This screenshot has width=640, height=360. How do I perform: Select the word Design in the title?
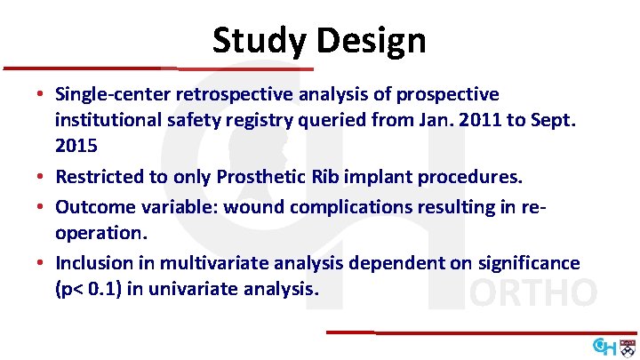[374, 40]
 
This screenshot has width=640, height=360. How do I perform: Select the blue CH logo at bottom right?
[604, 345]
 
